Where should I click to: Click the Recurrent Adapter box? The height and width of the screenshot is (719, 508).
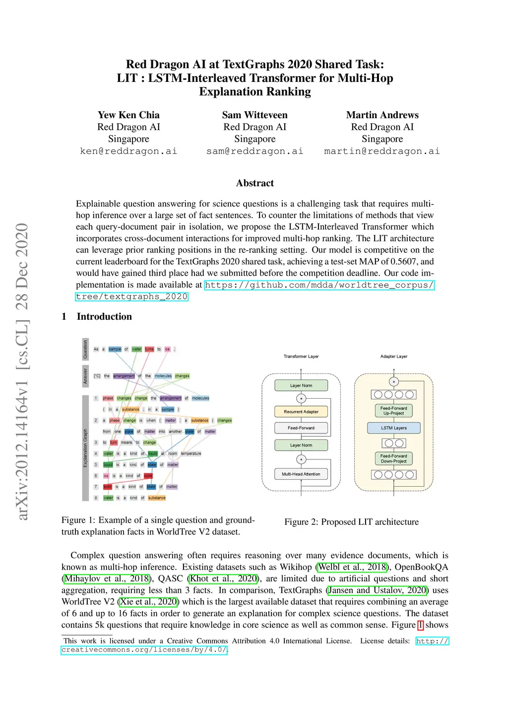click(x=301, y=412)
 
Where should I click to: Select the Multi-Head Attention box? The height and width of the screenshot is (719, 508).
click(x=301, y=474)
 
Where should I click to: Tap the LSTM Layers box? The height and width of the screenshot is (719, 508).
click(x=394, y=428)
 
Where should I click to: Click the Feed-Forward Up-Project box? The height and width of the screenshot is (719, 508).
click(x=394, y=411)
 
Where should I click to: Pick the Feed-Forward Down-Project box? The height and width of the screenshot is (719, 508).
click(x=394, y=458)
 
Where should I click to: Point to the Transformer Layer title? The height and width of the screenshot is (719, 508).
click(x=301, y=357)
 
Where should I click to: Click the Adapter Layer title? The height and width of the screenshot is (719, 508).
click(x=394, y=357)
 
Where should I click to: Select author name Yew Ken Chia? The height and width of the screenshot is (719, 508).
click(x=128, y=115)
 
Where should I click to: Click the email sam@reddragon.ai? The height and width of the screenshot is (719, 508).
click(x=254, y=151)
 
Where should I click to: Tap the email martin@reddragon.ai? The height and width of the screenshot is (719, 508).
click(x=382, y=151)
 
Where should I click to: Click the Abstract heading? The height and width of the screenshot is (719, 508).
click(x=255, y=183)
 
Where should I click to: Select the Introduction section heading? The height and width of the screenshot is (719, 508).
click(x=104, y=317)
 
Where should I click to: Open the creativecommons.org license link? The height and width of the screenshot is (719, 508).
click(x=144, y=650)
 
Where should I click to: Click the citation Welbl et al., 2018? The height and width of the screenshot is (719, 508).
click(x=352, y=567)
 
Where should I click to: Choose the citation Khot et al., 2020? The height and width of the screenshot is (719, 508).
click(x=224, y=578)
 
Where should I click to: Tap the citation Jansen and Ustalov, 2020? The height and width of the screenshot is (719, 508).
click(x=378, y=590)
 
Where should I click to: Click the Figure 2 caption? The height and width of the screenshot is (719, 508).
click(x=351, y=522)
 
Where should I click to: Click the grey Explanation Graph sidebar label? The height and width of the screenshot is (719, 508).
click(x=85, y=448)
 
